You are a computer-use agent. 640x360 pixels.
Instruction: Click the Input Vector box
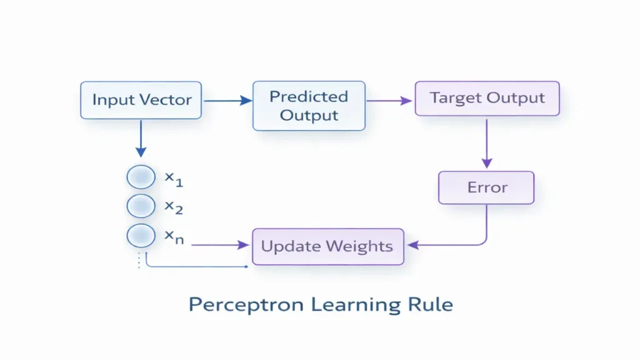[x=141, y=100]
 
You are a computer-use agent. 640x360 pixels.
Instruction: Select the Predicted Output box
[x=309, y=106]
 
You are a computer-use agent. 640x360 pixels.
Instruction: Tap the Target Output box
[x=487, y=98]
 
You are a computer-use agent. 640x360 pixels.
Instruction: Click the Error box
[x=486, y=187]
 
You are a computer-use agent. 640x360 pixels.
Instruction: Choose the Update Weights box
[x=327, y=246]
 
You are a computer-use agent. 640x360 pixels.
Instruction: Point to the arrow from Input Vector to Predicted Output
[x=227, y=100]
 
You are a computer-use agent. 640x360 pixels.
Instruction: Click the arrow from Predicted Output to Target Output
[x=390, y=99]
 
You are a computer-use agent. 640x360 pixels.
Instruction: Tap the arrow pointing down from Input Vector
[x=141, y=138]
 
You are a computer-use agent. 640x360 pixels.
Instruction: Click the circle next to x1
[x=141, y=177]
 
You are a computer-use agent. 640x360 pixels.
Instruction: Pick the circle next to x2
[x=141, y=206]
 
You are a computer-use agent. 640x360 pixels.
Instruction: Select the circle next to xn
[x=141, y=236]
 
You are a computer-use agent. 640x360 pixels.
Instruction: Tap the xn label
[x=174, y=237]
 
